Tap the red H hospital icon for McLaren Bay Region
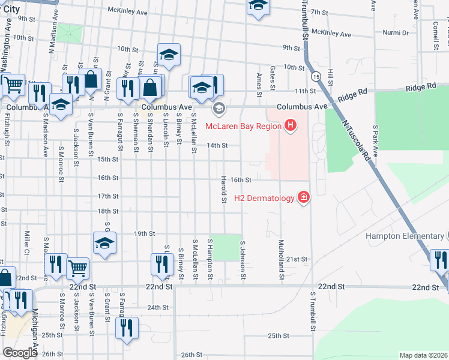(x=291, y=125)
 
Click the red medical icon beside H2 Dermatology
(x=304, y=197)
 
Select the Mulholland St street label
(x=280, y=260)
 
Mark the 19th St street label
(x=145, y=233)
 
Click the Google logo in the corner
(x=20, y=353)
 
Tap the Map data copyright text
(x=423, y=355)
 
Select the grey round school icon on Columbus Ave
(x=218, y=108)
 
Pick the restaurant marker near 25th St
(x=127, y=328)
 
